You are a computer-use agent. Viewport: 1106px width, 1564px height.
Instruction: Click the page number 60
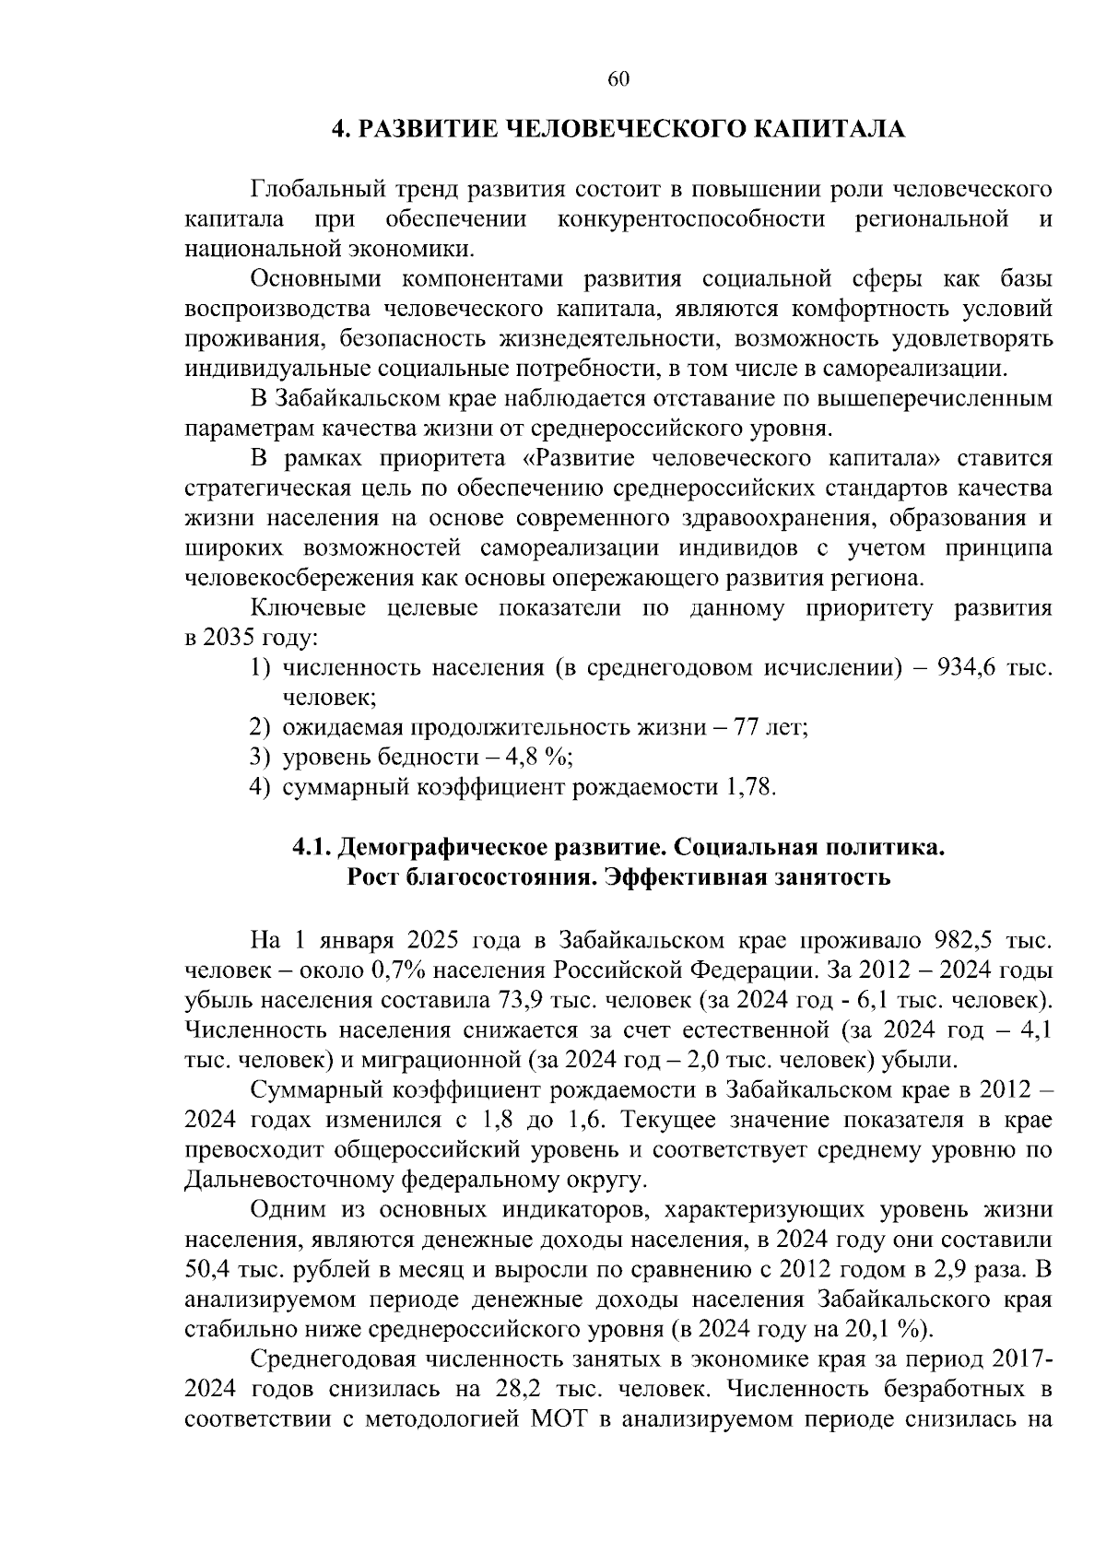[618, 80]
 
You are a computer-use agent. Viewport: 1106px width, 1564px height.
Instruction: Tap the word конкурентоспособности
[691, 219]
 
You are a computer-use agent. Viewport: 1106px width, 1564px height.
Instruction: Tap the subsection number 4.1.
[312, 847]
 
